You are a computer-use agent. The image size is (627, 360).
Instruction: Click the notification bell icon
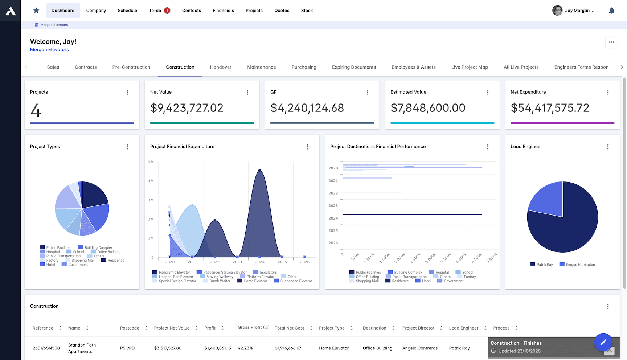[x=611, y=11]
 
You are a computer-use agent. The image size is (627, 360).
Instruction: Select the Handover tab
[x=221, y=67]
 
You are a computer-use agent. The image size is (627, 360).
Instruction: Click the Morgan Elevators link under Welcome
[x=49, y=50]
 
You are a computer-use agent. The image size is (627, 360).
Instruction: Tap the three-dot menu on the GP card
[x=368, y=92]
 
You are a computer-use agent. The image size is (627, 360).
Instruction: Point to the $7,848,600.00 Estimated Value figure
[x=428, y=108]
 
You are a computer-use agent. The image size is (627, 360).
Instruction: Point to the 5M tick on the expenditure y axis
[x=151, y=162]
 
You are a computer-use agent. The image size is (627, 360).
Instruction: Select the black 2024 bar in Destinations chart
[x=412, y=214]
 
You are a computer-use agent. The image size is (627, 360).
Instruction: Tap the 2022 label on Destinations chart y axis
[x=333, y=193]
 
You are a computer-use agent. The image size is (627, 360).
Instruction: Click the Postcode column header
[x=130, y=328]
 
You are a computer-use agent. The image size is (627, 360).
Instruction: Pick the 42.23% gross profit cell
[x=245, y=348]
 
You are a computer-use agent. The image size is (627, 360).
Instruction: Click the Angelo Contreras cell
[x=420, y=348]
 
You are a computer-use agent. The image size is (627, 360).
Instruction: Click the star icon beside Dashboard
[x=36, y=11]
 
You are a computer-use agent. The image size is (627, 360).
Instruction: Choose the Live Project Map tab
[x=469, y=67]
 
